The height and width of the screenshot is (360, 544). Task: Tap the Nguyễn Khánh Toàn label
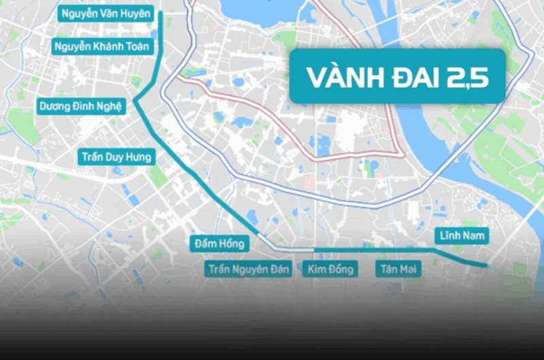click(101, 46)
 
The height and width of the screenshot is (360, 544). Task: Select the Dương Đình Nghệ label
click(81, 106)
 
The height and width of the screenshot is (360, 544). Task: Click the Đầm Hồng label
click(219, 244)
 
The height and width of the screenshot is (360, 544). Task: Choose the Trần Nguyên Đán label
click(249, 269)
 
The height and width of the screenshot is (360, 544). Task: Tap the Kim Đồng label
click(330, 269)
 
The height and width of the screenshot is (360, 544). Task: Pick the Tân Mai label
click(398, 269)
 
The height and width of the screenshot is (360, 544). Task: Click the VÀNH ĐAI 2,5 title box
click(398, 77)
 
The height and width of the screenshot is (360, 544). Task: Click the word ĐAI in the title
click(410, 77)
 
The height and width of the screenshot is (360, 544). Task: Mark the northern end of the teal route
click(160, 13)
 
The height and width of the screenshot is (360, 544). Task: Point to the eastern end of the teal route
click(487, 265)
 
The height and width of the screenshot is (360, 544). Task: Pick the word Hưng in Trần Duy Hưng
click(138, 157)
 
